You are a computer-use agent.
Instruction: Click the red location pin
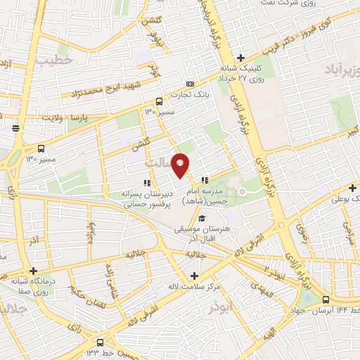coord(181,164)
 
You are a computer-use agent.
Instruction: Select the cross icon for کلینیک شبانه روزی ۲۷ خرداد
coord(240,58)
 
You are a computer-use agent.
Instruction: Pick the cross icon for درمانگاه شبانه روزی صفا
coord(33,270)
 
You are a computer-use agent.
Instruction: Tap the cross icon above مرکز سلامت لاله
coord(195,275)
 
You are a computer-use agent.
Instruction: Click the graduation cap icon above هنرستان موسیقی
coord(202,218)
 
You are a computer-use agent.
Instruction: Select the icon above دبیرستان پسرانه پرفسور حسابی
coord(146,184)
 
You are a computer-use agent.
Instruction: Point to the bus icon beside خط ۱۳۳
coord(101,342)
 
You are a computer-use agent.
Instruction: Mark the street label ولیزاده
coord(89,233)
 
